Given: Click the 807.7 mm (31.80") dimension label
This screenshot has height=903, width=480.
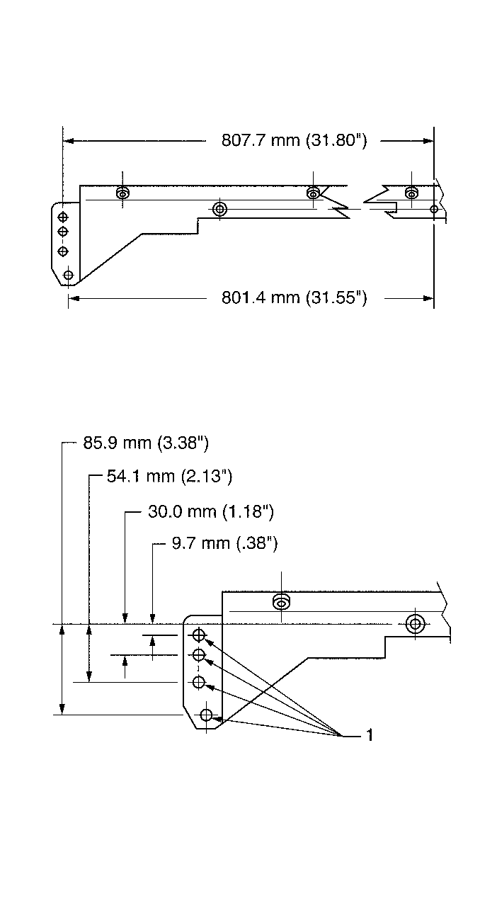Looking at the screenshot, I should click(295, 140).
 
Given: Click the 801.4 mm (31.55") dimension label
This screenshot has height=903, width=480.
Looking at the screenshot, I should click(295, 297).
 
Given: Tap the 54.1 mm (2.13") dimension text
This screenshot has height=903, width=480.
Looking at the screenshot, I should click(169, 476).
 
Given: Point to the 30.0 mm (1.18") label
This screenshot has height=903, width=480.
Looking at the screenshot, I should click(210, 511).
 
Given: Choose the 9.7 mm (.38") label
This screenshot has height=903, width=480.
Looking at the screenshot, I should click(224, 544).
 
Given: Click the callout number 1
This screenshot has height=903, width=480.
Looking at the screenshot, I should click(370, 736).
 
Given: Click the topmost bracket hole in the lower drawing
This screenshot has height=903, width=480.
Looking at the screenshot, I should click(199, 633).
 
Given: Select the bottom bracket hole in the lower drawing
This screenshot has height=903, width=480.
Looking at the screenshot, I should click(206, 715).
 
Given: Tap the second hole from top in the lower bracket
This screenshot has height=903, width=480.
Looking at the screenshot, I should click(199, 654).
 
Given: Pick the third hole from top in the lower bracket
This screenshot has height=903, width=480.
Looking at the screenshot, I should click(199, 683).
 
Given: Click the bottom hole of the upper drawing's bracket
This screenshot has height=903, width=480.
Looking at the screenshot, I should click(68, 275).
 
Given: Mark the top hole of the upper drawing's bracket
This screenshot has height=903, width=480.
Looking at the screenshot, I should click(63, 217).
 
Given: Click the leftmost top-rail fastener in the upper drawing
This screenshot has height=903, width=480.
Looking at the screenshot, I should click(122, 193).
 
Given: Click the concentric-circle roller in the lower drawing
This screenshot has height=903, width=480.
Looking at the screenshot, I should click(415, 624).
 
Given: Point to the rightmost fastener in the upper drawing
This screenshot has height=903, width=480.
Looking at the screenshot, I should click(411, 193).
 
